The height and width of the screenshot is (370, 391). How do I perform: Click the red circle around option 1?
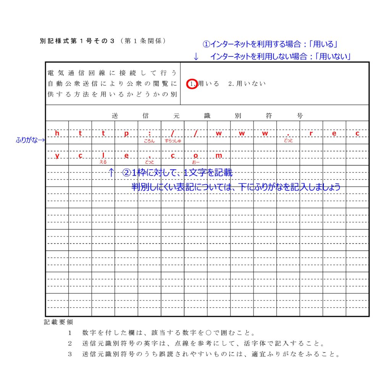[x=192, y=84]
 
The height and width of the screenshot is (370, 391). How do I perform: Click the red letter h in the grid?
[x=57, y=133]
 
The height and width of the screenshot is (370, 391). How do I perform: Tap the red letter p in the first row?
[x=126, y=133]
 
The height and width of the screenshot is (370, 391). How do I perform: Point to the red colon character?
[x=149, y=133]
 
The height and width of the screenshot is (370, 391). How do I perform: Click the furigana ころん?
[x=149, y=141]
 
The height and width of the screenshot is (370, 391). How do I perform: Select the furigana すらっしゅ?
[x=173, y=141]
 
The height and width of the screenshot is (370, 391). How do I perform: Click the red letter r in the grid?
[x=311, y=133]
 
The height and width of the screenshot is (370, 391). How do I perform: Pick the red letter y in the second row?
[x=57, y=156]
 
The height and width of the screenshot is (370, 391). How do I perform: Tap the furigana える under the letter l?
[x=103, y=162]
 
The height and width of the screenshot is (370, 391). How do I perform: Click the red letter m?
[x=218, y=155]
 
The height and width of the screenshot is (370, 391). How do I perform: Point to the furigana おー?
[x=196, y=162]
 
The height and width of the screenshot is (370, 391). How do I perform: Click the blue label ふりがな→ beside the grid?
[x=31, y=140]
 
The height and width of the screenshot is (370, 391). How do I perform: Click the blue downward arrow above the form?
[x=196, y=56]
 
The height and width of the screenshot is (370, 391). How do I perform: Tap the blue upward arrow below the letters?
[x=111, y=172]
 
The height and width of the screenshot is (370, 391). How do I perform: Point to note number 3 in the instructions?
[x=70, y=354]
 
